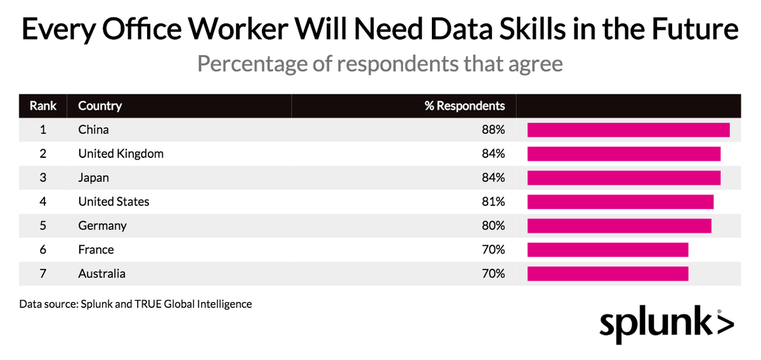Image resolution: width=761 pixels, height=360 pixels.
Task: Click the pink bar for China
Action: point(628,130)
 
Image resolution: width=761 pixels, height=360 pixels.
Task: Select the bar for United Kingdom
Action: point(624,154)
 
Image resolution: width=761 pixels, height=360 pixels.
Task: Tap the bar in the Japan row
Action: point(624,177)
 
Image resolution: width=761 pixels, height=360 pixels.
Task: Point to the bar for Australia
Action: point(608,274)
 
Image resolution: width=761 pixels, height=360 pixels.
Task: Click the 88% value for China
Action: point(493,130)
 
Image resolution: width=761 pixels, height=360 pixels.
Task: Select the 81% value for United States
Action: point(493,202)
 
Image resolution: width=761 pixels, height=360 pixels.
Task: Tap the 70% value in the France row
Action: point(493,250)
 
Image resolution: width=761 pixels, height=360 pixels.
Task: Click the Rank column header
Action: point(43,106)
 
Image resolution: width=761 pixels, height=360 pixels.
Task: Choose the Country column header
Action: point(100,106)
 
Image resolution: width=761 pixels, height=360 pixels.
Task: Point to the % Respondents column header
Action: point(465,106)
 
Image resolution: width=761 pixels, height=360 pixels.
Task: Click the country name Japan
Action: point(94,177)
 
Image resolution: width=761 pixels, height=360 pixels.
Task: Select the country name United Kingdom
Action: point(120,154)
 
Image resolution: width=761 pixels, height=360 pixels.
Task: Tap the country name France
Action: point(96,250)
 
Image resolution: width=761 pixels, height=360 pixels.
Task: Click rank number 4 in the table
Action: point(43,202)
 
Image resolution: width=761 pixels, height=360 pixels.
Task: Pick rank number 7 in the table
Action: point(43,274)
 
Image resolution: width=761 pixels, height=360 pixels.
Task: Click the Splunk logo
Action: point(666,325)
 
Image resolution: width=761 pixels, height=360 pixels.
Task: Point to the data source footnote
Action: point(136,304)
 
